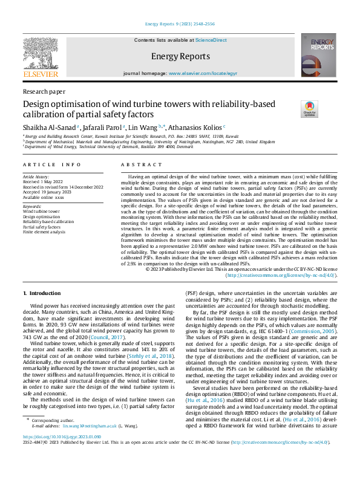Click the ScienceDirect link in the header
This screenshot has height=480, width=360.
tap(211, 40)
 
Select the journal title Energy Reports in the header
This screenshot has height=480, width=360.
tap(180, 56)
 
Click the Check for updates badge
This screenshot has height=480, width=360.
tap(309, 109)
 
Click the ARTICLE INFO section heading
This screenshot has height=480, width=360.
tap(51, 165)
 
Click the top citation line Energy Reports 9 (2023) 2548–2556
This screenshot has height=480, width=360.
tap(180, 25)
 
